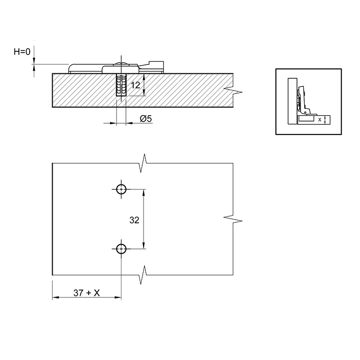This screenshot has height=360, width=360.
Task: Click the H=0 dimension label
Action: pyautogui.click(x=22, y=52)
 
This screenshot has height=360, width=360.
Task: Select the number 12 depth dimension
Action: pyautogui.click(x=135, y=85)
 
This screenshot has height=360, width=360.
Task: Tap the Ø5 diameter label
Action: pyautogui.click(x=146, y=119)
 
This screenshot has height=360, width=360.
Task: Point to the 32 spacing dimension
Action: pyautogui.click(x=134, y=220)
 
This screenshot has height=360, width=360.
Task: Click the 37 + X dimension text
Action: pyautogui.click(x=86, y=293)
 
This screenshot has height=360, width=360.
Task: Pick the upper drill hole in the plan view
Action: pyautogui.click(x=121, y=189)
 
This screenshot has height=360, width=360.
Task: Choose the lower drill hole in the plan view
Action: pyautogui.click(x=121, y=249)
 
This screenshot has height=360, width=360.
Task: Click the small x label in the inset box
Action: pyautogui.click(x=319, y=119)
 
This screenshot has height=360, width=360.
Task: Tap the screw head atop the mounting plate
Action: pyautogui.click(x=121, y=63)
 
